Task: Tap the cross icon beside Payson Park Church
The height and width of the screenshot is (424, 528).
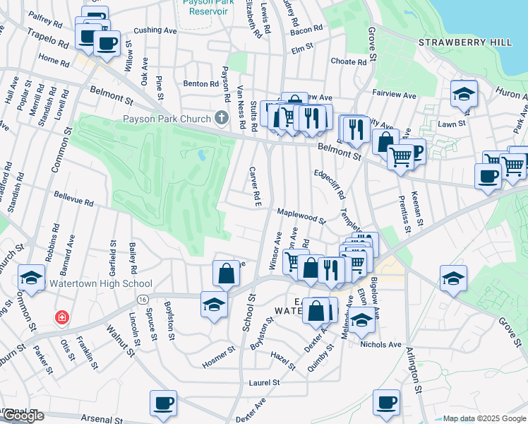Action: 222,118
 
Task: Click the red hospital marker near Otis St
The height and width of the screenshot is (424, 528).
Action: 63,317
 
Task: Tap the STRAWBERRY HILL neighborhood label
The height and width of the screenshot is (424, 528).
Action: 465,42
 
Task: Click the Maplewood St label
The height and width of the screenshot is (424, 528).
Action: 301,215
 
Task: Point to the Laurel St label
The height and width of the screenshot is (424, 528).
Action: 265,382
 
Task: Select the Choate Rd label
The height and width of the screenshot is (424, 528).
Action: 348,61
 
